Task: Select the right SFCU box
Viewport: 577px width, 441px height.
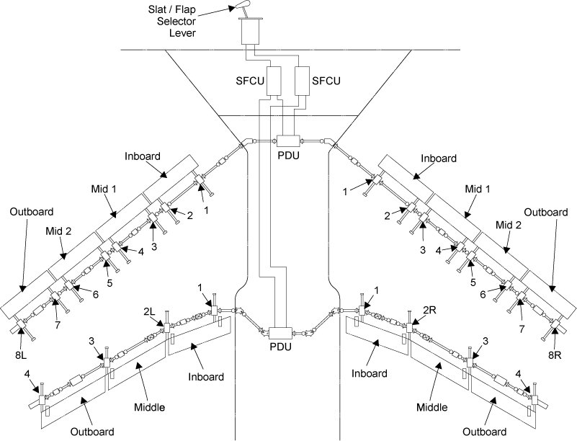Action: coord(303,81)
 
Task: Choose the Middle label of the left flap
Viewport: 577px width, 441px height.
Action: coord(150,407)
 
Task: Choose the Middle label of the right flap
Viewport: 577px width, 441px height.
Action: coord(431,407)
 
